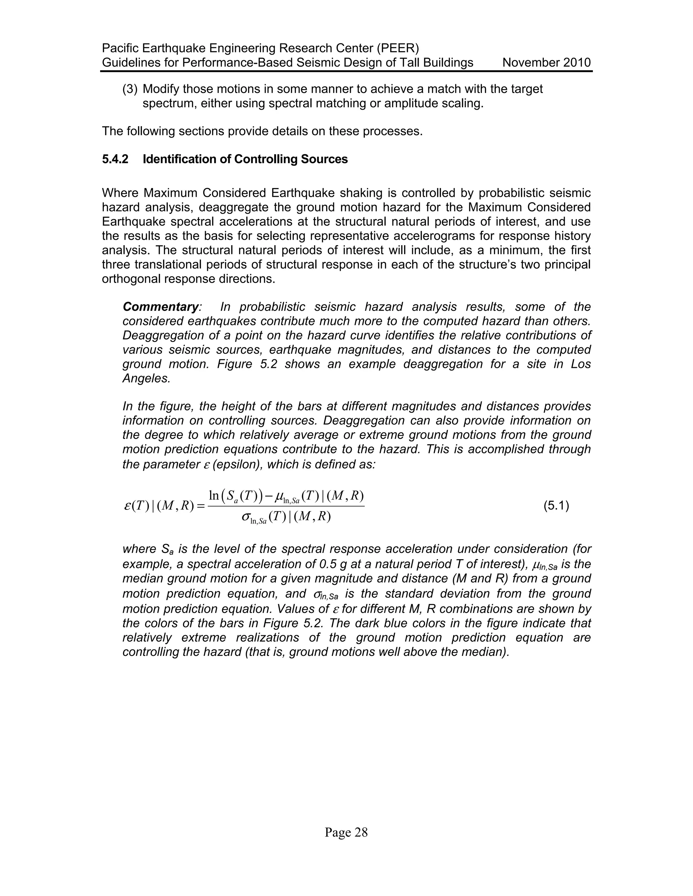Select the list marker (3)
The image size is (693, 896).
click(130, 89)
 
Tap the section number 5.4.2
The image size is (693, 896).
click(115, 159)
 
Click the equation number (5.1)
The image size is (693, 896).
click(556, 506)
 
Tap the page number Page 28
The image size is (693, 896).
click(346, 832)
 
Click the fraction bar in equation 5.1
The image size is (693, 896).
click(286, 506)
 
